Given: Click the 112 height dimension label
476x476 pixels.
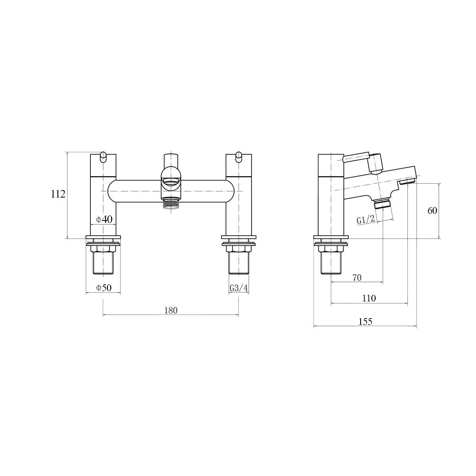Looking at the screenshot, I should tap(58, 194).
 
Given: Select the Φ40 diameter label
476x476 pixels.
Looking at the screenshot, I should tap(104, 219).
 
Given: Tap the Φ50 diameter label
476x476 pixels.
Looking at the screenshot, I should tap(104, 288).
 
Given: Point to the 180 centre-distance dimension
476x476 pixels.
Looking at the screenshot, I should tap(171, 310).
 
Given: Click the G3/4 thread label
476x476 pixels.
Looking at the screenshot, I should tap(239, 288).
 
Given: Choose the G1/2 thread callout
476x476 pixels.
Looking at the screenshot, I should tap(365, 219).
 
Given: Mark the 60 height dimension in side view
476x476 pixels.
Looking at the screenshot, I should tap(432, 211).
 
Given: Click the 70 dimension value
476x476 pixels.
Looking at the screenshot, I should tap(357, 278).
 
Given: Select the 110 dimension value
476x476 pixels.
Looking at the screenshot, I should tap(369, 298).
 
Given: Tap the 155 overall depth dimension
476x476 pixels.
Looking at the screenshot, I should tap(365, 322).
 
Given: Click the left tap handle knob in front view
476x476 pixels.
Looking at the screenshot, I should tap(103, 157).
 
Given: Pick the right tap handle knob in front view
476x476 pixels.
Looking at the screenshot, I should tap(238, 157).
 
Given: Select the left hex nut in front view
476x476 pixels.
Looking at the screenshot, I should tap(103, 249).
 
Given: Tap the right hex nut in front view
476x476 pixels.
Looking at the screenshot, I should tap(238, 249).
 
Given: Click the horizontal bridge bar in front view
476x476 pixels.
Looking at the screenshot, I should tap(135, 191).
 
